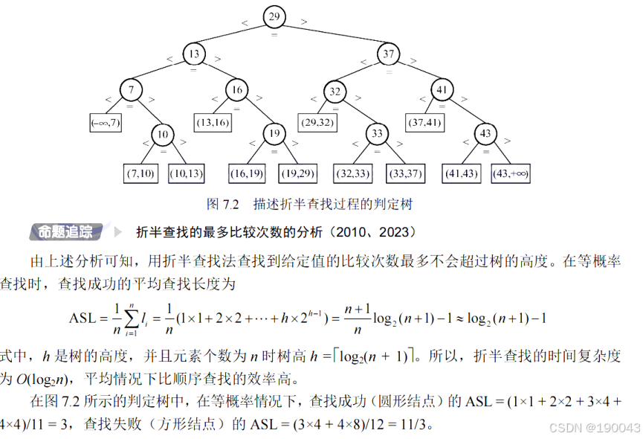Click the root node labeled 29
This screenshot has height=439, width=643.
(274, 16)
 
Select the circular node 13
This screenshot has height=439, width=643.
(194, 54)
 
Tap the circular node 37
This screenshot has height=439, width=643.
(388, 54)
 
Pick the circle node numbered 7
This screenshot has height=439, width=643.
(131, 91)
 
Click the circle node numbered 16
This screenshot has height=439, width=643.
(236, 91)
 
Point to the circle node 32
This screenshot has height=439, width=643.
(335, 92)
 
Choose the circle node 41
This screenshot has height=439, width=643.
(442, 91)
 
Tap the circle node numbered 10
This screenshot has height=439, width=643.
(163, 134)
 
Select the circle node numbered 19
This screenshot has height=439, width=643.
(274, 134)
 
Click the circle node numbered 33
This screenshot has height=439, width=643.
(378, 134)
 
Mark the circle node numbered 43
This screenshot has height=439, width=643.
(485, 134)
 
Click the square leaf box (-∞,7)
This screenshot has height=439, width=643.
(105, 123)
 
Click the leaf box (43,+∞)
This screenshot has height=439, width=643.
(511, 173)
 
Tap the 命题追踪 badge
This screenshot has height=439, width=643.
(66, 231)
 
